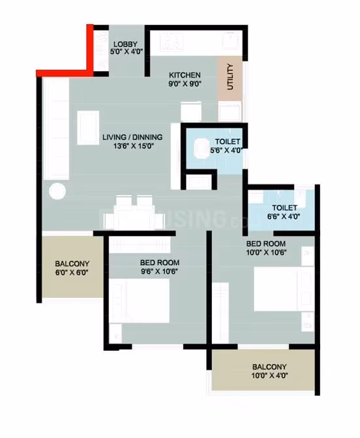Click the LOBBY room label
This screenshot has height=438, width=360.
125,44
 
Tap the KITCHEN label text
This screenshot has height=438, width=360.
185,75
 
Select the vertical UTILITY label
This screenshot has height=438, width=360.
230,76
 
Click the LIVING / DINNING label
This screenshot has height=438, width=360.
132,137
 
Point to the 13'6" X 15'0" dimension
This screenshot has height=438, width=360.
134,146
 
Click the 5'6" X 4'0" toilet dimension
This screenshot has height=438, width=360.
226,150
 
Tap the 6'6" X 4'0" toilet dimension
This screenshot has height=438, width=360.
284,216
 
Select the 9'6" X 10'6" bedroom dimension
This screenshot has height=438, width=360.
159,271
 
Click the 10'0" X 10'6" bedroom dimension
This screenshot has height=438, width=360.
266,252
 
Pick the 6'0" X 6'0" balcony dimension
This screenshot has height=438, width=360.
72,272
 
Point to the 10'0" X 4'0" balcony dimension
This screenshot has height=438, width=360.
269,375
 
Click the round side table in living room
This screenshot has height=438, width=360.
57,192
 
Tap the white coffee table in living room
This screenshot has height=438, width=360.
88,128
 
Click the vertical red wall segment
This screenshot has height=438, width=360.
90,50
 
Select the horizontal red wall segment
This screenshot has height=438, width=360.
65,73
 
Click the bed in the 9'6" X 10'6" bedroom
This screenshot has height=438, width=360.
139,300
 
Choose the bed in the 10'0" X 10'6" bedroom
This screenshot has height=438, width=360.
284,289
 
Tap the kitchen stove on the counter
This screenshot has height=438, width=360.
172,42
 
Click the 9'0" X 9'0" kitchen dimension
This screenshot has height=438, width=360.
185,84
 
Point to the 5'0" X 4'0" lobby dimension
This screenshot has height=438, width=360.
127,51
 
